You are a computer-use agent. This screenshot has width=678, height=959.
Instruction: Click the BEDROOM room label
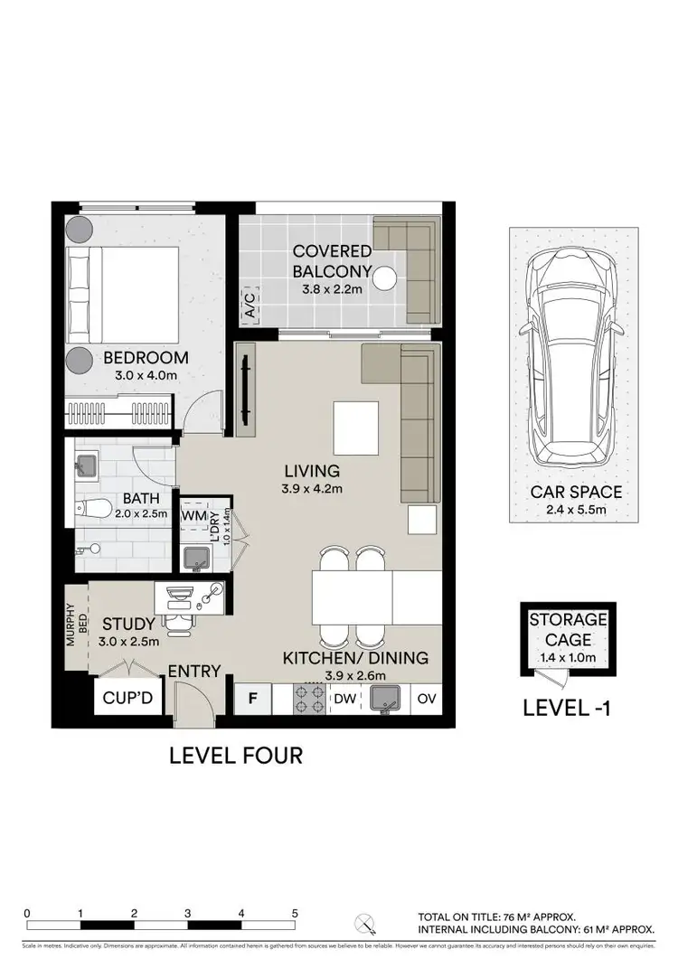click(x=145, y=357)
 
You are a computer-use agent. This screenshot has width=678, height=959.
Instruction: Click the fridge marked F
click(x=253, y=699)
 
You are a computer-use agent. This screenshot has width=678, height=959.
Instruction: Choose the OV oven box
click(x=426, y=699)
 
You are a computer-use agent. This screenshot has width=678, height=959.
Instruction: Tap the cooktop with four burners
click(x=310, y=699)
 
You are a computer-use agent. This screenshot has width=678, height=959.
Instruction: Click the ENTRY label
click(x=194, y=671)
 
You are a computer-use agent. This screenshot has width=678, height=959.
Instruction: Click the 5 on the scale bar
click(x=295, y=914)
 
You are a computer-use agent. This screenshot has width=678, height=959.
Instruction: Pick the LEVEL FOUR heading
click(x=236, y=755)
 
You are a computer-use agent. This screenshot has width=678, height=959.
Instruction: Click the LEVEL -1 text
click(x=568, y=708)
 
